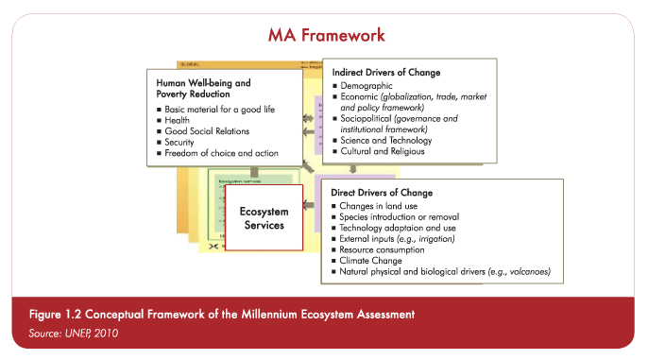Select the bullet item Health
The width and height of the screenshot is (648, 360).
178,120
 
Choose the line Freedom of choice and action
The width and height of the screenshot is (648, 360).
220,153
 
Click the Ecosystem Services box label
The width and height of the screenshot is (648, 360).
262,218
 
